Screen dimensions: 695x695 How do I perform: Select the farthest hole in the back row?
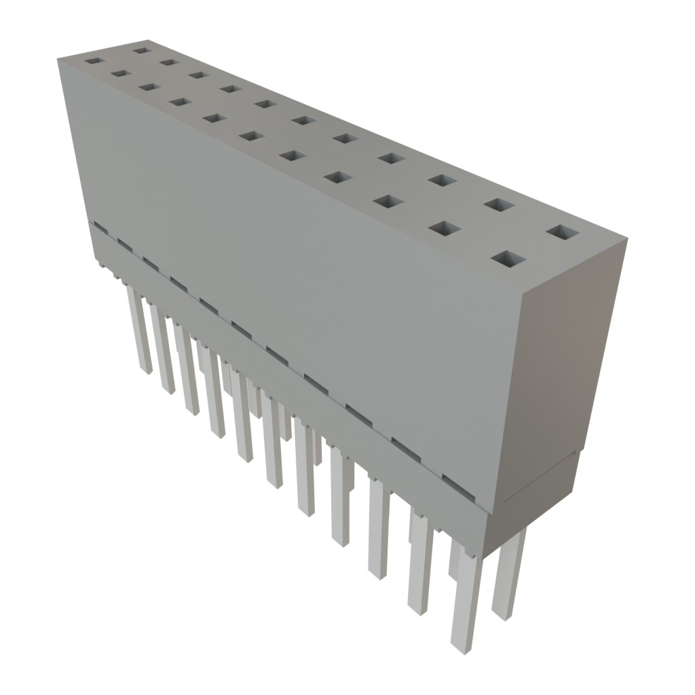[141, 49]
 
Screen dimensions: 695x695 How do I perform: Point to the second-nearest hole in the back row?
[499, 204]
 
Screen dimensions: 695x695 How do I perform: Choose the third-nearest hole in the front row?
[386, 202]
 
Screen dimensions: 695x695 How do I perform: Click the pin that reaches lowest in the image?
[464, 611]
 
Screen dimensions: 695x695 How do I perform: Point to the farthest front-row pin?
[140, 333]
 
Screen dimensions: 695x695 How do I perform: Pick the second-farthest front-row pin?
[163, 350]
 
